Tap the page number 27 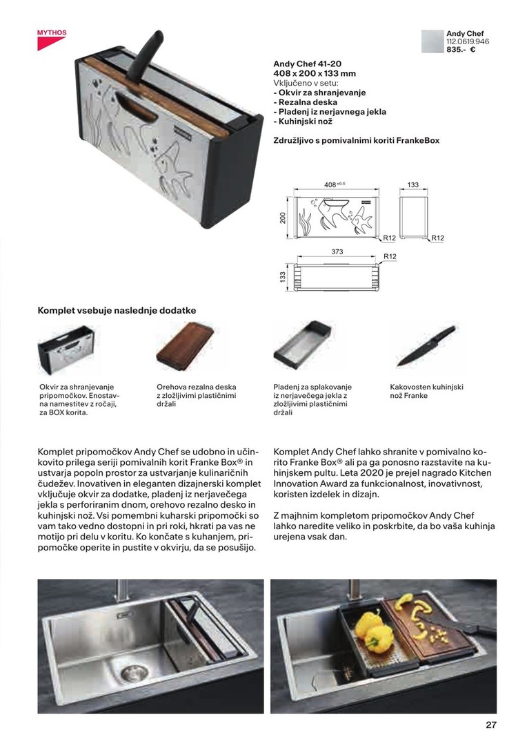click(x=490, y=725)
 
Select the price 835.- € click(x=461, y=50)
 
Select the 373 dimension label click(x=337, y=252)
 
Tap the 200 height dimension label click(x=283, y=218)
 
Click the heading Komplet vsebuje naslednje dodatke click(x=117, y=311)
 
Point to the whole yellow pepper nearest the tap click(x=368, y=620)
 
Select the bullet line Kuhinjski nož click(x=303, y=122)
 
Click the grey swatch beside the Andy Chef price click(x=432, y=41)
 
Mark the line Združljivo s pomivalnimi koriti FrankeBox click(x=356, y=140)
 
